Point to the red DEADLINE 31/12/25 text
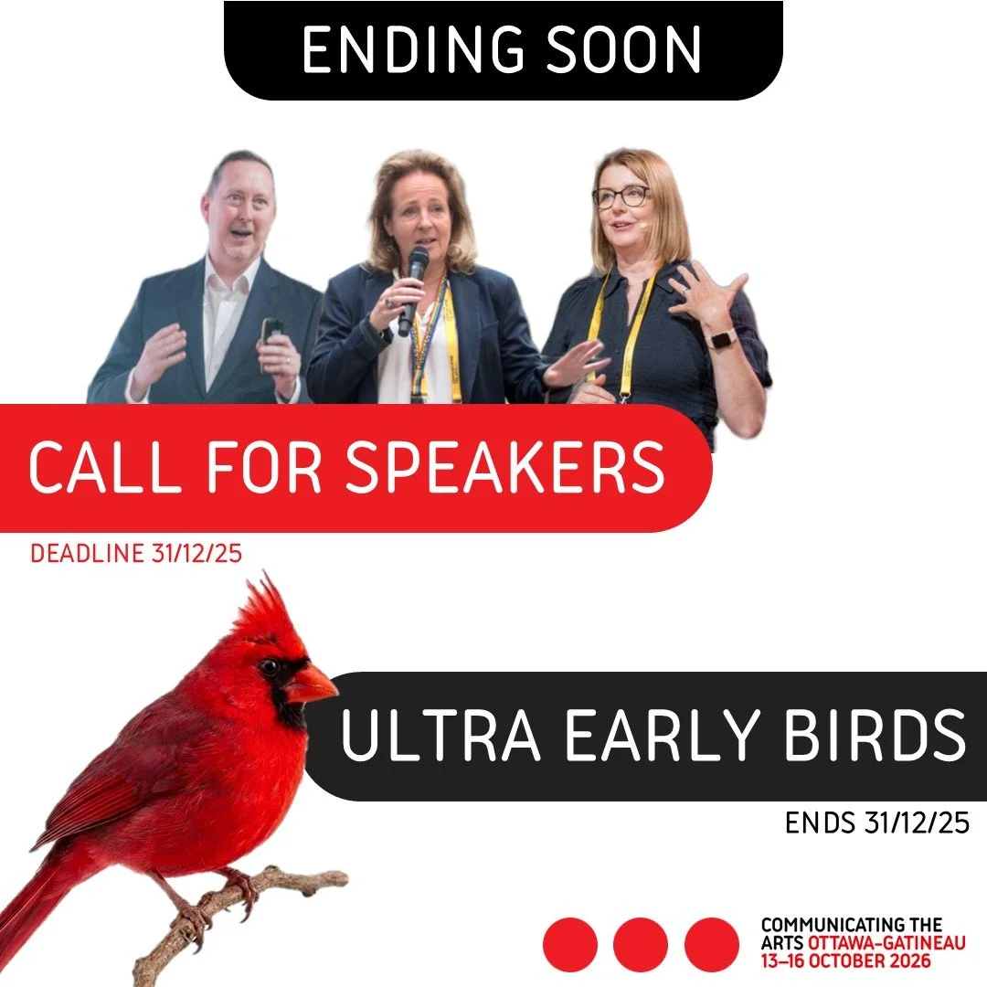coord(136,554)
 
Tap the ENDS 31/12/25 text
coord(876,823)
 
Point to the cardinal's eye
coord(270,666)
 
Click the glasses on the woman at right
coord(621,196)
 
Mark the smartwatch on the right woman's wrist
coord(722,339)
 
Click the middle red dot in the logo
coord(641,944)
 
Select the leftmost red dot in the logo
coord(570,944)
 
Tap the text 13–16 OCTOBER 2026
coord(845,961)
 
